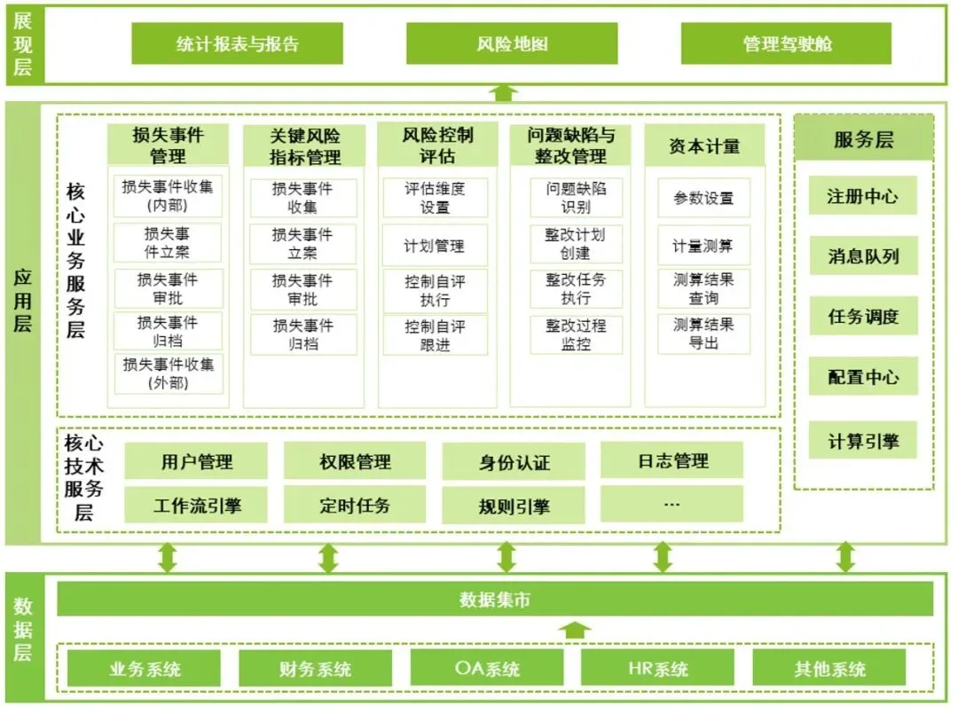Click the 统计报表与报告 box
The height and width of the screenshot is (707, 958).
pos(237,43)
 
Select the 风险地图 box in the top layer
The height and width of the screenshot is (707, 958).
pos(512,43)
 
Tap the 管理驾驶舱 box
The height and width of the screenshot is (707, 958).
pos(786,43)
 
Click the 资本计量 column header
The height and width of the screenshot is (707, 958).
pos(704,145)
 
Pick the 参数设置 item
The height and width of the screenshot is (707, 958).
pos(703,198)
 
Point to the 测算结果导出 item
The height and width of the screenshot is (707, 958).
pos(703,334)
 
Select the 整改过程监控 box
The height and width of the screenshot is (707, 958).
pos(576,335)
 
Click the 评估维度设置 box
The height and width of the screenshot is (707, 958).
pos(435,198)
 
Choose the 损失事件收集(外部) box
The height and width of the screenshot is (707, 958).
pos(169,373)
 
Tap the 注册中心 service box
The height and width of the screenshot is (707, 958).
pos(862,196)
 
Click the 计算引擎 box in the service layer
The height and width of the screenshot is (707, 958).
pos(862,440)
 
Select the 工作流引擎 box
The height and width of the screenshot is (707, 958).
pos(196,506)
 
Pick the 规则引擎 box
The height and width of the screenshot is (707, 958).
pos(514,507)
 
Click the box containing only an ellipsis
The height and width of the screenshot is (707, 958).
pos(671,505)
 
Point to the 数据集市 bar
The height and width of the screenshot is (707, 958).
pos(495,600)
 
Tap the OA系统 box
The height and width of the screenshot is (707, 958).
pos(486,668)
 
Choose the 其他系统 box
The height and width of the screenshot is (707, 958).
pos(828,668)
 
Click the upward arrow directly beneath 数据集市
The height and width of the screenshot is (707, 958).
pos(576,630)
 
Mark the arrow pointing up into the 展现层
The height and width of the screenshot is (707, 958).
pos(505,92)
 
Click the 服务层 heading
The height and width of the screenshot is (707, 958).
pos(863,139)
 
